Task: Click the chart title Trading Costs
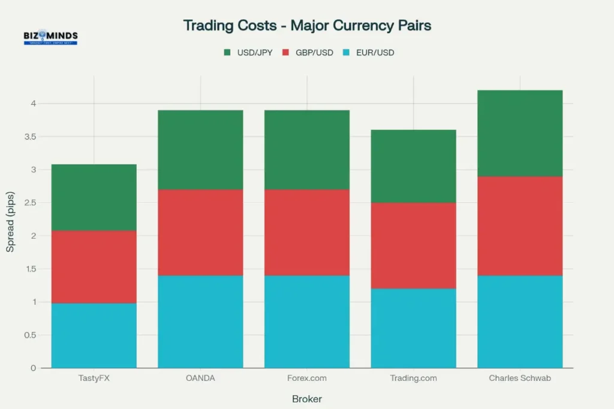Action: (x=307, y=26)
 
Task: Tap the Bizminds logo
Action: (x=50, y=38)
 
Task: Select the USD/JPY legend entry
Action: (x=248, y=53)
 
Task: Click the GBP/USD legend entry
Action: (x=309, y=53)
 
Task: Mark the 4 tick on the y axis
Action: (x=34, y=104)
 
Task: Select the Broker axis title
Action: (x=307, y=399)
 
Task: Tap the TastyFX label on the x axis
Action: (x=94, y=378)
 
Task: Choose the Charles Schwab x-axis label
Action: (x=520, y=378)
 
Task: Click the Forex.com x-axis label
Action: (x=307, y=378)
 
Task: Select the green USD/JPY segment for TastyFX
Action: (x=94, y=197)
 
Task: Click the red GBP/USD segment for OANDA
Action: (x=200, y=232)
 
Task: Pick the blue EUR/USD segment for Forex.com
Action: (x=307, y=322)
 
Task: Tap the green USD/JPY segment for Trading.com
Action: (x=414, y=166)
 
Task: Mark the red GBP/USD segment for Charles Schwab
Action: (x=520, y=226)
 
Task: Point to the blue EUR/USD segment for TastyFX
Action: (x=94, y=335)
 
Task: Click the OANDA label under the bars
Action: (x=200, y=378)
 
